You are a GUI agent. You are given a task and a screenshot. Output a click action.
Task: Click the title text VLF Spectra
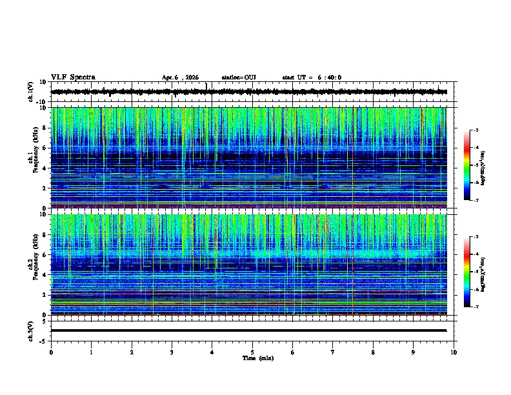click(73, 77)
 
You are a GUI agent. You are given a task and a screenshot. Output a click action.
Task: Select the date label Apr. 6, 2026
click(183, 77)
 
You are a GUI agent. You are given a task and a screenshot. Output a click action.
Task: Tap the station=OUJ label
click(239, 77)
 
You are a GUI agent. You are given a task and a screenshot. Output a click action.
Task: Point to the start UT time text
click(312, 77)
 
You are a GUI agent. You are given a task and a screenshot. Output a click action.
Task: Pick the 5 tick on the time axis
click(252, 352)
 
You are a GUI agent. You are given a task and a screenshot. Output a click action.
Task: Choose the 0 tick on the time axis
click(51, 352)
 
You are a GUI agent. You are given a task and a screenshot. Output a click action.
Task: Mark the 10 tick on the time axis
click(454, 352)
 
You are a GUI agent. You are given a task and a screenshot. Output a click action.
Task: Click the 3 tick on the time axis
click(172, 352)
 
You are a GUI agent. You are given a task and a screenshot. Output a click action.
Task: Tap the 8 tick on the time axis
click(373, 352)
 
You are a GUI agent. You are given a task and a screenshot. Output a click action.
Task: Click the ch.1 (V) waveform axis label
click(31, 92)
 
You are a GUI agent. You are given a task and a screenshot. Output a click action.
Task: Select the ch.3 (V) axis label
click(31, 330)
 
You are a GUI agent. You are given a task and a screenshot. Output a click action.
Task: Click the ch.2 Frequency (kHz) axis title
click(32, 264)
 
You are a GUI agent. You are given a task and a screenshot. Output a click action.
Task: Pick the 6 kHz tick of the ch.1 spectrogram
click(45, 148)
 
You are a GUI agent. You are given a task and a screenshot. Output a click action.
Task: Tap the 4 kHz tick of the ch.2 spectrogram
click(45, 275)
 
